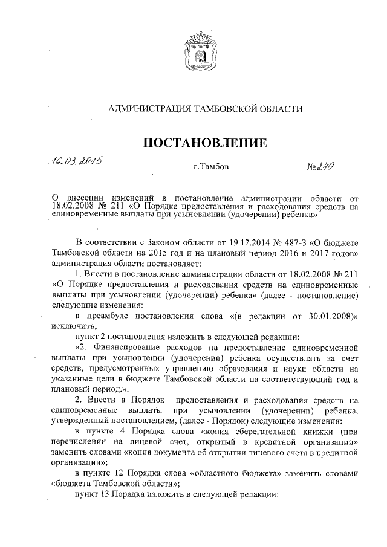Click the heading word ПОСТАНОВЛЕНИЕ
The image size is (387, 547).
click(204, 143)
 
